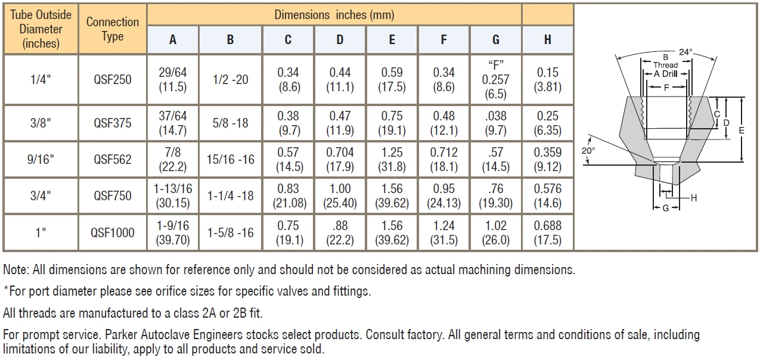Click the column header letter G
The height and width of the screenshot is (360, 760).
pos(496,40)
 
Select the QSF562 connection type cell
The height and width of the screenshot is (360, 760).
pos(112,159)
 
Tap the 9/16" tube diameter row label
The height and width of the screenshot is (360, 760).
pos(41,159)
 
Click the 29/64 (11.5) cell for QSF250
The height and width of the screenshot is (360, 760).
pos(173,79)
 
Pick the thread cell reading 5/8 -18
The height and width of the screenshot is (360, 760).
pos(230,123)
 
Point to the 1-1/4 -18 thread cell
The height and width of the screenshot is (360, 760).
pos(230,195)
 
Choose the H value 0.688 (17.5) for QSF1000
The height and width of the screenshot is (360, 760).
pos(548,232)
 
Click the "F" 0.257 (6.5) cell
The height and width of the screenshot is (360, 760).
pos(496,79)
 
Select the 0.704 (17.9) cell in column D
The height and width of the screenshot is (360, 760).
pos(340,159)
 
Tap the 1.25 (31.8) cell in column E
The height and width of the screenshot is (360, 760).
pos(392,159)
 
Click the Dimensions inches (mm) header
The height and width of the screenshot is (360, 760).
pos(334,15)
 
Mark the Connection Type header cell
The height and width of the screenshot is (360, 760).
pos(112,29)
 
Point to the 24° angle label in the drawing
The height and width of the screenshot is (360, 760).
pos(685,52)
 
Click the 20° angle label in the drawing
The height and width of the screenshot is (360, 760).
pos(588,151)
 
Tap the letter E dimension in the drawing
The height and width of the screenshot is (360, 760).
pos(742,131)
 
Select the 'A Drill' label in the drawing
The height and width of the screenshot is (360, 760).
pos(665,74)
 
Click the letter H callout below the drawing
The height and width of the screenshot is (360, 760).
pos(694,198)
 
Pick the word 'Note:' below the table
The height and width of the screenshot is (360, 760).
pos(16,270)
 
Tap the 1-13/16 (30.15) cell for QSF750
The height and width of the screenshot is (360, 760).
pos(173,195)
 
